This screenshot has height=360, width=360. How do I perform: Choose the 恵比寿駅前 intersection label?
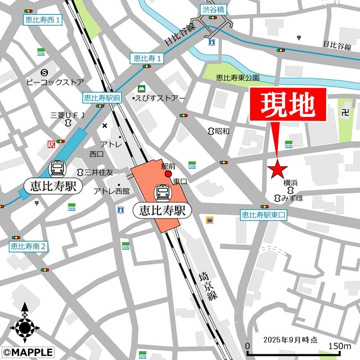102,97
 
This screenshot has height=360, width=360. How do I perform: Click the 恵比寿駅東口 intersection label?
264,214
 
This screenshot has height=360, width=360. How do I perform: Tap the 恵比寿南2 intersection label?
29,246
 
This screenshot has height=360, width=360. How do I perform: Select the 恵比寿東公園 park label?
238,78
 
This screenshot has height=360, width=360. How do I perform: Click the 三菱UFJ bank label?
67,115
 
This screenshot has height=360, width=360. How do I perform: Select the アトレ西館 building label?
111,191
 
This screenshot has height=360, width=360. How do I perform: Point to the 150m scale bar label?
339,345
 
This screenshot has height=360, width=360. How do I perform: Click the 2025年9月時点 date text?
290,340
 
